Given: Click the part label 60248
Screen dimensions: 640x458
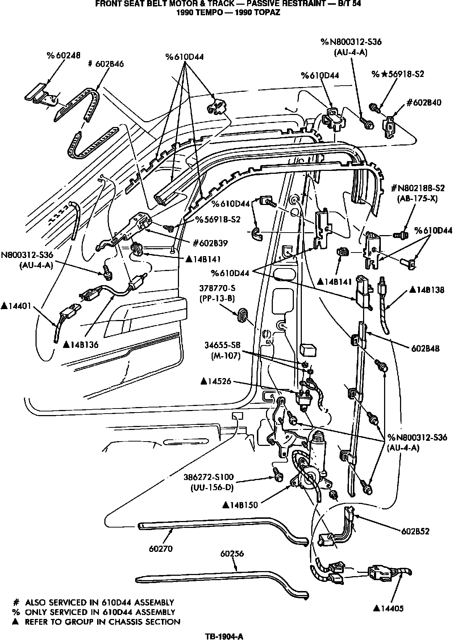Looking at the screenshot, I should click(63, 55).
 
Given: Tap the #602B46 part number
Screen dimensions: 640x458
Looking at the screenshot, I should click(106, 64).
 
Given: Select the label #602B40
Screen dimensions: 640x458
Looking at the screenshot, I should click(424, 102).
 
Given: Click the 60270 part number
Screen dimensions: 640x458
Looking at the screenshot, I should click(161, 549).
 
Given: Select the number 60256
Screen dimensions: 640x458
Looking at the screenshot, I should click(232, 554).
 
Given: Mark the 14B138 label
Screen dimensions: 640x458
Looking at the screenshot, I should click(432, 290).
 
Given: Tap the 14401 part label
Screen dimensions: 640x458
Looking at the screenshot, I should click(17, 306).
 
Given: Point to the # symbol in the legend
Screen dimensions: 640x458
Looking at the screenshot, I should click(16, 603).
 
